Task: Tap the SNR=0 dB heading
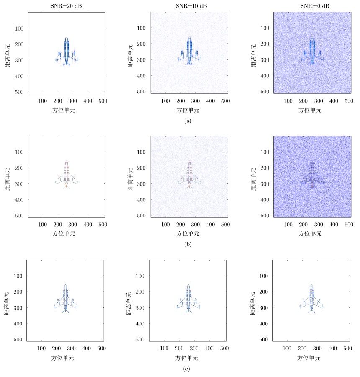click(312, 5)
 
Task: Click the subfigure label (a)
click(188, 121)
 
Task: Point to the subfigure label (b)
click(188, 245)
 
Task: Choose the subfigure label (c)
click(188, 369)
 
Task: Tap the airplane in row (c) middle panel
click(188, 300)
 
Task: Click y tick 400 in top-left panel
click(19, 76)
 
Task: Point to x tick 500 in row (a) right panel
click(348, 101)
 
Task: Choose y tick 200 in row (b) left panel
click(19, 168)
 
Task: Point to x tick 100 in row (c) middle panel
click(165, 349)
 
